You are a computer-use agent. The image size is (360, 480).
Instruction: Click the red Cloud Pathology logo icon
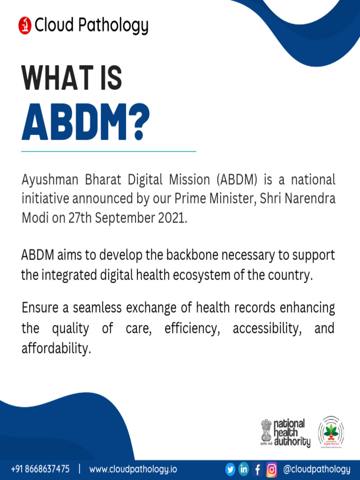25,25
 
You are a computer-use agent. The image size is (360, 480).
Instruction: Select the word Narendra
312,199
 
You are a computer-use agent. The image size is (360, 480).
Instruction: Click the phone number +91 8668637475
40,469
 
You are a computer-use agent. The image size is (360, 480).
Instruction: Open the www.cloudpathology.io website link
133,469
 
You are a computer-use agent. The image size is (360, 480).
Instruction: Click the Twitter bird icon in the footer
230,469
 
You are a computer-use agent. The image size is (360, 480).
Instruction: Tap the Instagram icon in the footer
271,469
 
